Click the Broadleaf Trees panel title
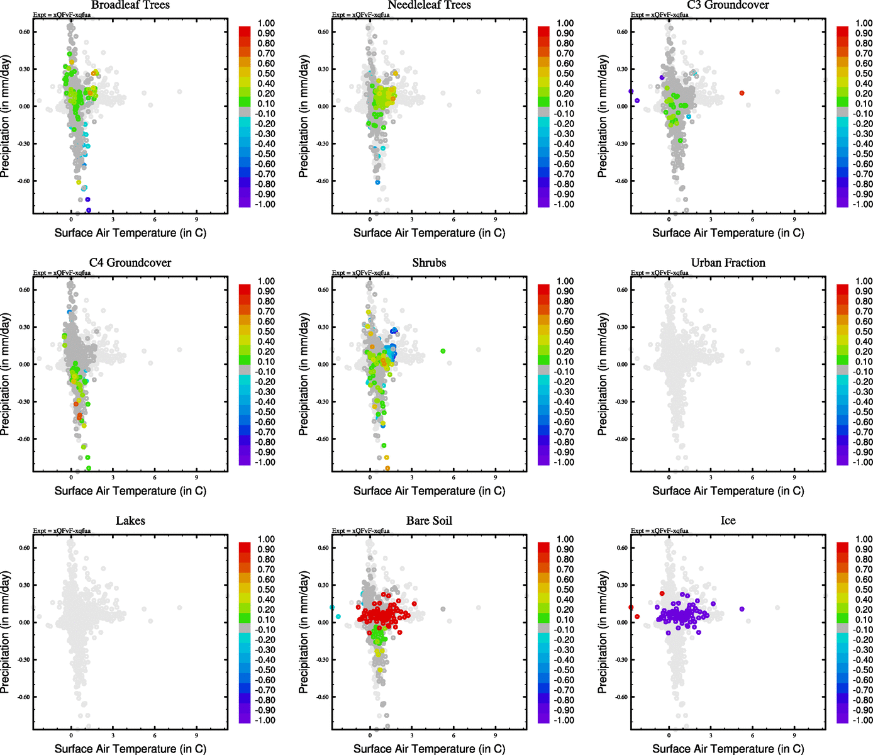[x=130, y=5]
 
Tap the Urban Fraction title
[x=728, y=263]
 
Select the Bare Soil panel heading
[x=429, y=521]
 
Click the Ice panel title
[x=728, y=521]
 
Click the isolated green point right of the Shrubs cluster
[x=443, y=351]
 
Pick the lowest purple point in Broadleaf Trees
[x=89, y=210]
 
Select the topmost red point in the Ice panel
[x=662, y=593]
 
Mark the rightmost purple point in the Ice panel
[x=742, y=609]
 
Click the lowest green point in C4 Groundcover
[x=89, y=468]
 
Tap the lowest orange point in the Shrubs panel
[x=387, y=468]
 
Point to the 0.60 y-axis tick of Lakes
[x=24, y=548]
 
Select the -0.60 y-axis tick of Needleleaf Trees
[x=323, y=181]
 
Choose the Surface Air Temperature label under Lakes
[x=130, y=749]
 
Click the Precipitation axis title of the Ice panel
[x=603, y=632]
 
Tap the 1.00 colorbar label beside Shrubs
[x=565, y=281]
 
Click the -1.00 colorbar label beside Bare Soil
[x=564, y=720]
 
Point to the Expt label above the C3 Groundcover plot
[x=660, y=15]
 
